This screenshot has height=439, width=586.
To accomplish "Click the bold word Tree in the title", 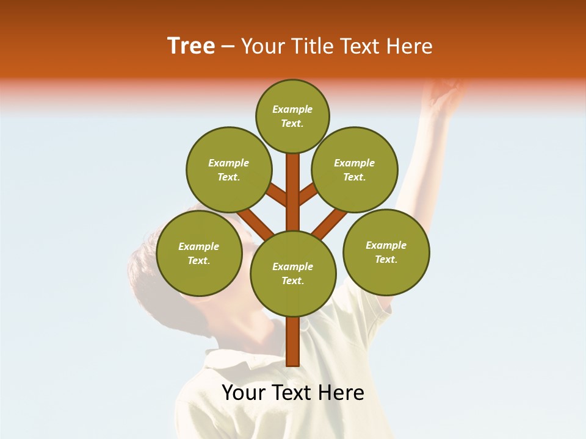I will click(x=191, y=46).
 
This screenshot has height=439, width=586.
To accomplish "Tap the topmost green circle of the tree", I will click(x=292, y=116).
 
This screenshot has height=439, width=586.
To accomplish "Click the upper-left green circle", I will click(x=228, y=170).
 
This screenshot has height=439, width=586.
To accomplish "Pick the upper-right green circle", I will click(x=354, y=170).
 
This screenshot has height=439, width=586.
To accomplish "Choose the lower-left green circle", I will click(x=198, y=253).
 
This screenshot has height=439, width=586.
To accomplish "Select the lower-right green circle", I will click(x=386, y=251).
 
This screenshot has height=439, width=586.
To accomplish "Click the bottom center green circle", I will click(x=292, y=273).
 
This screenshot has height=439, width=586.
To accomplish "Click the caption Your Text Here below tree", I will click(x=292, y=393).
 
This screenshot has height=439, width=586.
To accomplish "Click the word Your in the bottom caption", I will click(x=242, y=393).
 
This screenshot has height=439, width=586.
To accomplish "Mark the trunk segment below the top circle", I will click(x=292, y=183).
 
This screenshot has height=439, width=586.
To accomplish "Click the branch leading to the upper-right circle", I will click(x=308, y=194).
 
